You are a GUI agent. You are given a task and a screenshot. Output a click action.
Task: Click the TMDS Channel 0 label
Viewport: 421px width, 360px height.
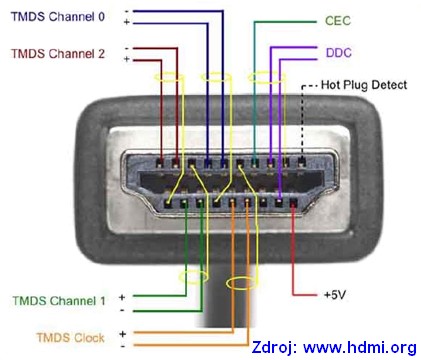click(x=58, y=17)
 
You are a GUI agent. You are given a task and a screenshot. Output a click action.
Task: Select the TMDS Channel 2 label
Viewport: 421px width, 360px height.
click(x=58, y=54)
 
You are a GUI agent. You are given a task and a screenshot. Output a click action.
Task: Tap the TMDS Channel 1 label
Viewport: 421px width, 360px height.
click(x=59, y=301)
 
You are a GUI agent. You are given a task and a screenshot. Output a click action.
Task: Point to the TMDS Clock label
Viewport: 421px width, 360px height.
click(x=70, y=338)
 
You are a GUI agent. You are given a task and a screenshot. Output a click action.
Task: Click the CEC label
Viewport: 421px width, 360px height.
click(x=338, y=21)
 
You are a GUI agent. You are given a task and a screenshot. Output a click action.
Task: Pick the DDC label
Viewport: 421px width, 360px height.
click(x=338, y=53)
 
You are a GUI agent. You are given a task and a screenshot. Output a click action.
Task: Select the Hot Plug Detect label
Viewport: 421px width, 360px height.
click(x=364, y=85)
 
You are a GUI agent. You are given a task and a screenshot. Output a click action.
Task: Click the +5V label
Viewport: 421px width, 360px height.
click(x=335, y=295)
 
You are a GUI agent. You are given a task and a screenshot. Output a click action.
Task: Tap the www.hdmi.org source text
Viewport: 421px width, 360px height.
click(x=360, y=347)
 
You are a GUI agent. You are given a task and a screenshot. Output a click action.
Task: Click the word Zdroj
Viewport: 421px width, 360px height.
click(x=274, y=347)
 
